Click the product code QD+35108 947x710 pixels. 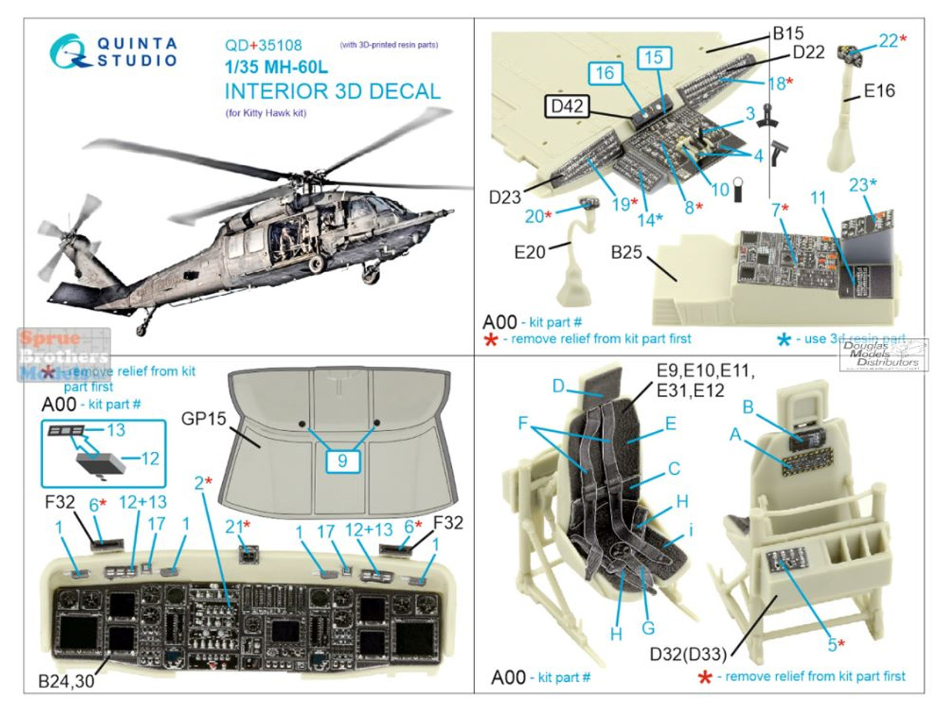263,46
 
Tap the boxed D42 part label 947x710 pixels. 567,106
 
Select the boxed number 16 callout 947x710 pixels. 604,73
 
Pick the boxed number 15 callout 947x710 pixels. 653,58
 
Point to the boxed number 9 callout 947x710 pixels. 342,461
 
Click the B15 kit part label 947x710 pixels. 787,33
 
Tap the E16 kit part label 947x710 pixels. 879,91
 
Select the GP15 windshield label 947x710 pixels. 203,419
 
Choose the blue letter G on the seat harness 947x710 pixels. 648,628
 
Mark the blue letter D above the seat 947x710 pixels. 559,385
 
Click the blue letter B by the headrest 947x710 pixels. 748,408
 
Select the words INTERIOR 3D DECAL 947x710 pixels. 332,92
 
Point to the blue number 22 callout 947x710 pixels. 888,41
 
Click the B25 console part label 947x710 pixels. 626,252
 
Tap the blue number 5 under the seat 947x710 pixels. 832,645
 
